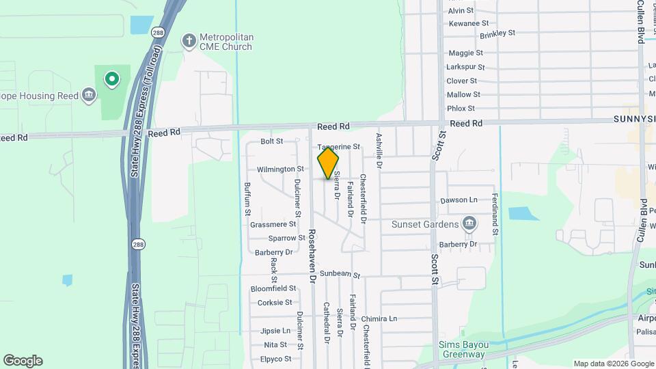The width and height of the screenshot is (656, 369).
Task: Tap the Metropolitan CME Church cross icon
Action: tap(189, 41)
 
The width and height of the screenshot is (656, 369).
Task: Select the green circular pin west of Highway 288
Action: tap(111, 79)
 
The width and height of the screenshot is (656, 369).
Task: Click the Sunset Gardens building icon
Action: tap(469, 223)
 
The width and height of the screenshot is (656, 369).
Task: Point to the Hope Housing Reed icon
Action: tap(88, 96)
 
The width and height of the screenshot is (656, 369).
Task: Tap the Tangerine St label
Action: tap(338, 147)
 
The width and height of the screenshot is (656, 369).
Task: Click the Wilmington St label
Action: tap(280, 169)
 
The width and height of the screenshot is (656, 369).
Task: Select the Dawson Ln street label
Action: tap(459, 200)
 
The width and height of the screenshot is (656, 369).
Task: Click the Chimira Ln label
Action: tap(380, 318)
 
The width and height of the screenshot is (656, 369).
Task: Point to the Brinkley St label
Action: tap(497, 33)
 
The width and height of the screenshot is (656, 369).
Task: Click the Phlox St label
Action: tap(461, 108)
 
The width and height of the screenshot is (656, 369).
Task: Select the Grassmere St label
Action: tap(273, 224)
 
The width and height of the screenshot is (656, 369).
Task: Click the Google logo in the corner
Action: tap(23, 361)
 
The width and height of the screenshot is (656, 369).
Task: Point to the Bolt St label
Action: tap(272, 141)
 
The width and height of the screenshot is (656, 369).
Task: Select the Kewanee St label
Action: tap(468, 23)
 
